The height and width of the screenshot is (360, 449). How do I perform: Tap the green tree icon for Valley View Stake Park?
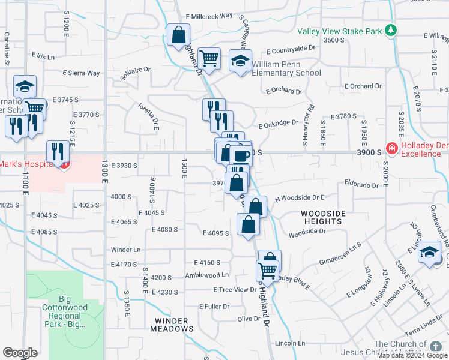tap(391, 29)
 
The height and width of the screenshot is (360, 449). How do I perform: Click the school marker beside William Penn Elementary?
tap(240, 61)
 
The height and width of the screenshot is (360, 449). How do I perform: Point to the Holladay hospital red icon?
tap(391, 148)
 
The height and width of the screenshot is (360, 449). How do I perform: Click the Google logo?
tap(20, 353)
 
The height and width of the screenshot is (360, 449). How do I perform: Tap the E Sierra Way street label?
tap(81, 73)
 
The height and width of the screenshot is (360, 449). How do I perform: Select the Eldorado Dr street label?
tap(362, 186)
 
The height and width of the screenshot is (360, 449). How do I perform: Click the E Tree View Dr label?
tap(235, 289)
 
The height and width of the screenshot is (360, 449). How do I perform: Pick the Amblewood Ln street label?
tap(208, 275)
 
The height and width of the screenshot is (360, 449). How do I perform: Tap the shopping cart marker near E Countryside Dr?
tap(209, 59)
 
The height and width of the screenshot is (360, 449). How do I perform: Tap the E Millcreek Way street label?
tap(209, 17)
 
